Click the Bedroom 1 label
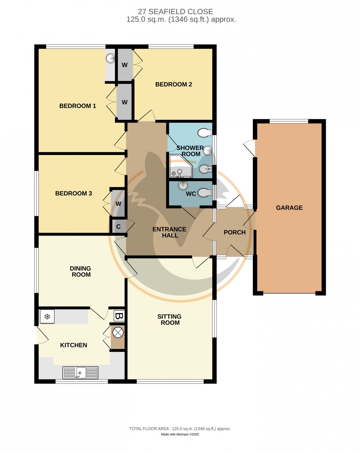pyautogui.click(x=78, y=106)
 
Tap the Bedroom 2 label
pyautogui.click(x=173, y=84)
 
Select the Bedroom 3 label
pyautogui.click(x=73, y=193)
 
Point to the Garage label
pyautogui.click(x=289, y=208)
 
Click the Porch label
pyautogui.click(x=234, y=232)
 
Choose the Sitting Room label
pyautogui.click(x=169, y=320)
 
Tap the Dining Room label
pyautogui.click(x=80, y=271)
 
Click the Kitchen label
pyautogui.click(x=73, y=345)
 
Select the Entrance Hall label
pyautogui.click(x=169, y=232)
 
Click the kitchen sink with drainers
pyautogui.click(x=80, y=372)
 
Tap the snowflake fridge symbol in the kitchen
pyautogui.click(x=47, y=317)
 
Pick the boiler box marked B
pyautogui.click(x=119, y=316)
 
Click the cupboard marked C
pyautogui.click(x=119, y=226)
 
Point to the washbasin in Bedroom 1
pyautogui.click(x=110, y=58)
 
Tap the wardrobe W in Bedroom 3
pyautogui.click(x=118, y=203)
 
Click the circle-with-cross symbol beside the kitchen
pyautogui.click(x=118, y=333)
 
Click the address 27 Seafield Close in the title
pyautogui.click(x=175, y=11)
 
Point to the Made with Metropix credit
pyautogui.click(x=180, y=435)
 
